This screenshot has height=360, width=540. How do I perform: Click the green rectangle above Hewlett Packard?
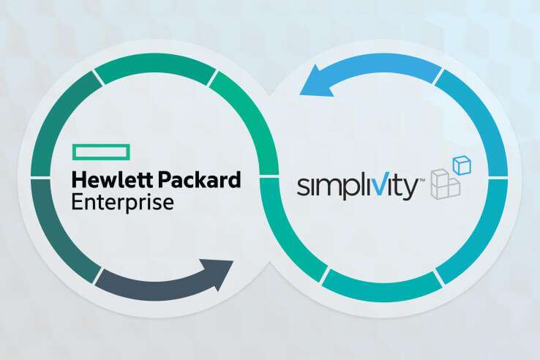coord(100,151)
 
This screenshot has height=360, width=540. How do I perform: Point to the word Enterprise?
coord(123,200)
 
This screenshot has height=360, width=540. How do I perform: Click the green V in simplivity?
coord(379,186)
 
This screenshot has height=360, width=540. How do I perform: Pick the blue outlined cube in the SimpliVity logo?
coord(460,165)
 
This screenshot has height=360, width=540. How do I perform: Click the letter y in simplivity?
coord(410,189)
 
